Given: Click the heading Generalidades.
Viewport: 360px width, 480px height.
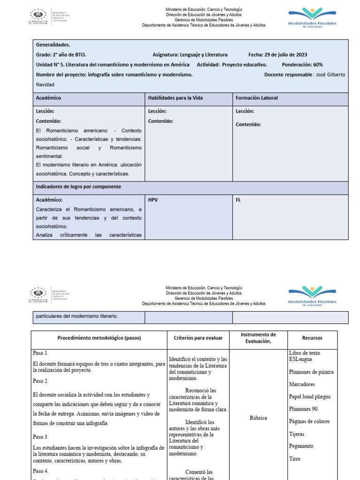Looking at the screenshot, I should click(53, 45).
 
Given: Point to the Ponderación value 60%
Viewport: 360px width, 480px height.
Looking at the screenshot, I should click(316, 65).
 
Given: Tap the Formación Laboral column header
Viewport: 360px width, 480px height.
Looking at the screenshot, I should click(257, 98).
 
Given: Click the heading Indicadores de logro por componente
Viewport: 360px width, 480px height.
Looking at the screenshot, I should click(78, 187).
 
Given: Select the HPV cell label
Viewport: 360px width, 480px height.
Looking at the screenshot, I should click(153, 200).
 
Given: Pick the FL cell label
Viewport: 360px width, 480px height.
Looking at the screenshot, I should click(238, 200).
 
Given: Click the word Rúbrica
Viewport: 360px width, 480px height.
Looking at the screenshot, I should click(259, 418).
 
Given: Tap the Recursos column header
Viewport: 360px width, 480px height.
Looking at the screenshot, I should click(312, 338).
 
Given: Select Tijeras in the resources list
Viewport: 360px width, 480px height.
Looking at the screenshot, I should click(298, 434).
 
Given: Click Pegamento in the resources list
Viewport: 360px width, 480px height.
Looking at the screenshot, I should click(301, 446).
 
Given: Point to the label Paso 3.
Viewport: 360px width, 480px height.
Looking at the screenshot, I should click(41, 437).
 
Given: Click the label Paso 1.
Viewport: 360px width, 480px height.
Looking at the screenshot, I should click(41, 353).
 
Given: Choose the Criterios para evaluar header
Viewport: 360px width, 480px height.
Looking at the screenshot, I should click(198, 338).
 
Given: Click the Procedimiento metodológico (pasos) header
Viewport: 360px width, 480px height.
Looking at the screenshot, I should click(99, 338).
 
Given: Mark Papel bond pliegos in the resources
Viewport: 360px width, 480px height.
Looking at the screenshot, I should click(310, 397).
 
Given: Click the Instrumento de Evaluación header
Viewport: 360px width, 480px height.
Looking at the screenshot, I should click(259, 338).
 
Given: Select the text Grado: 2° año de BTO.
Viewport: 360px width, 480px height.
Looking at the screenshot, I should click(61, 55).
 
